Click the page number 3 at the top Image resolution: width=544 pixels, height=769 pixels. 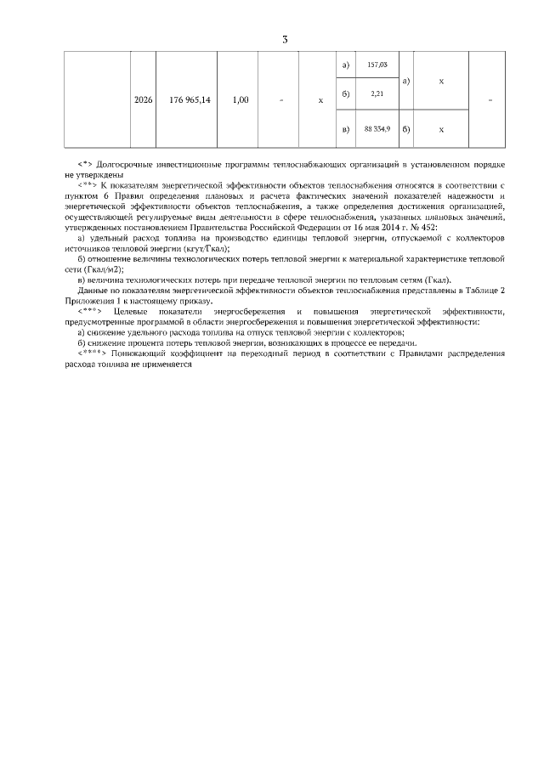click(286, 38)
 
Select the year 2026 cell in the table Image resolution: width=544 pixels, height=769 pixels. click(144, 100)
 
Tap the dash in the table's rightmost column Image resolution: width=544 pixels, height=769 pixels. click(493, 100)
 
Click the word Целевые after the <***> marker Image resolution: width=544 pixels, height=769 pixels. click(136, 312)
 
